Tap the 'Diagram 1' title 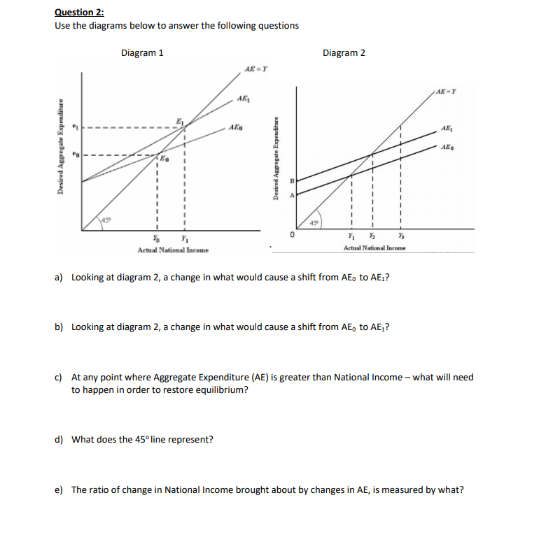click(143, 52)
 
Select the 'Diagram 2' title click(344, 52)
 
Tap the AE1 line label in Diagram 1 click(243, 99)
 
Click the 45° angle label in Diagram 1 click(106, 222)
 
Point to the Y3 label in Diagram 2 click(401, 236)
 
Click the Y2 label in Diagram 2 click(372, 236)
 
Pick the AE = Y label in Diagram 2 click(446, 90)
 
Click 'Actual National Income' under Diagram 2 click(374, 248)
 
